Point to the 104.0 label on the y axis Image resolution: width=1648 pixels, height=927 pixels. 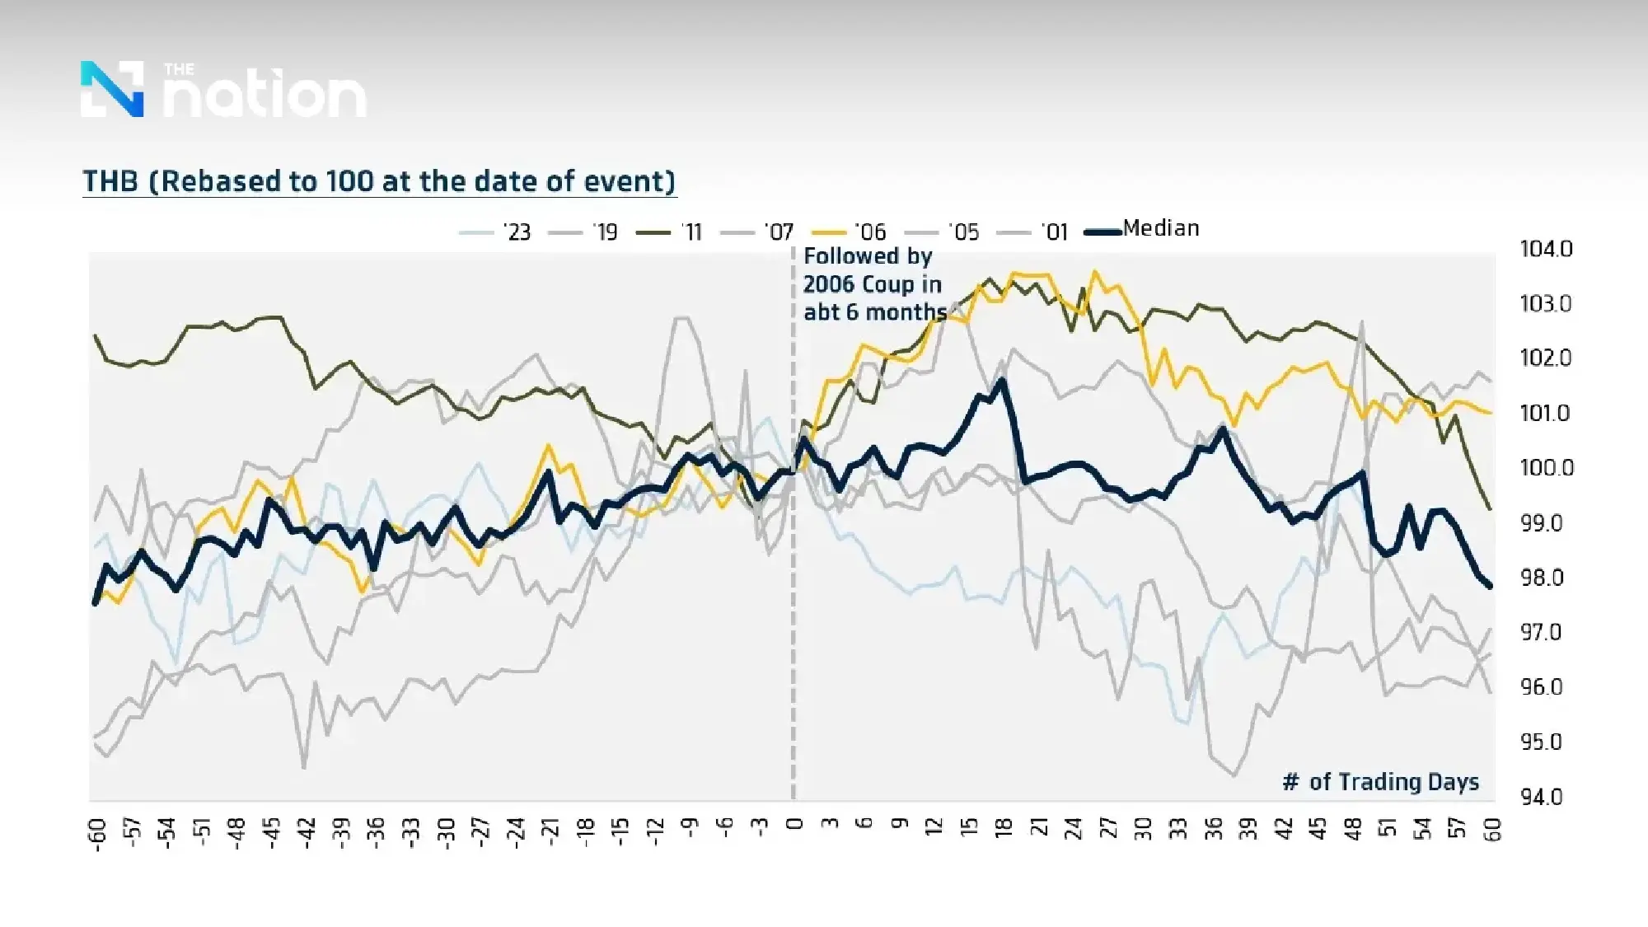[x=1546, y=249]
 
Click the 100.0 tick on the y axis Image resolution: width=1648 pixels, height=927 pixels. [x=1546, y=468]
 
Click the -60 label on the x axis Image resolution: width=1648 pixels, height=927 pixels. [x=97, y=833]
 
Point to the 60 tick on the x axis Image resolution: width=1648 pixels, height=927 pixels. [x=1492, y=828]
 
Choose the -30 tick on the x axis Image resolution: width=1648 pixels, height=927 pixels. [x=446, y=833]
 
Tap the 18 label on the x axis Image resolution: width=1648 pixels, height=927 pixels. [x=1003, y=828]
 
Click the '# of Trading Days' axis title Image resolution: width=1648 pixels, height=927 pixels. [x=1381, y=782]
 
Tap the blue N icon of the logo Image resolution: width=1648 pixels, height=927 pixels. [x=112, y=89]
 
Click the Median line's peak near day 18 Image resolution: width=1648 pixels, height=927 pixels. [x=1002, y=380]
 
